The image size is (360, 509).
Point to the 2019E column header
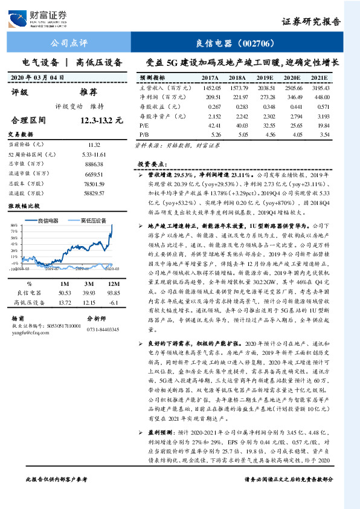tap(265, 78)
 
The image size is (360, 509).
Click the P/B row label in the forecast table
tap(144, 134)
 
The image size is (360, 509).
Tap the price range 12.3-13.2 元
tap(97, 120)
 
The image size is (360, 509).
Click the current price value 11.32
tap(94, 144)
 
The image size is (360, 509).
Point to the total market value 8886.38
tap(94, 163)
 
